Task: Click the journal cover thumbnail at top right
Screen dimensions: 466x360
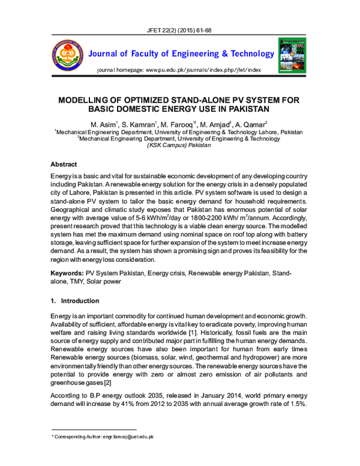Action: point(292,53)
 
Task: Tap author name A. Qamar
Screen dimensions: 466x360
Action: point(253,124)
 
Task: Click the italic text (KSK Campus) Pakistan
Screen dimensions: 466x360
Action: point(179,146)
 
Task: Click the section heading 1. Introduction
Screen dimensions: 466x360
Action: point(75,300)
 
